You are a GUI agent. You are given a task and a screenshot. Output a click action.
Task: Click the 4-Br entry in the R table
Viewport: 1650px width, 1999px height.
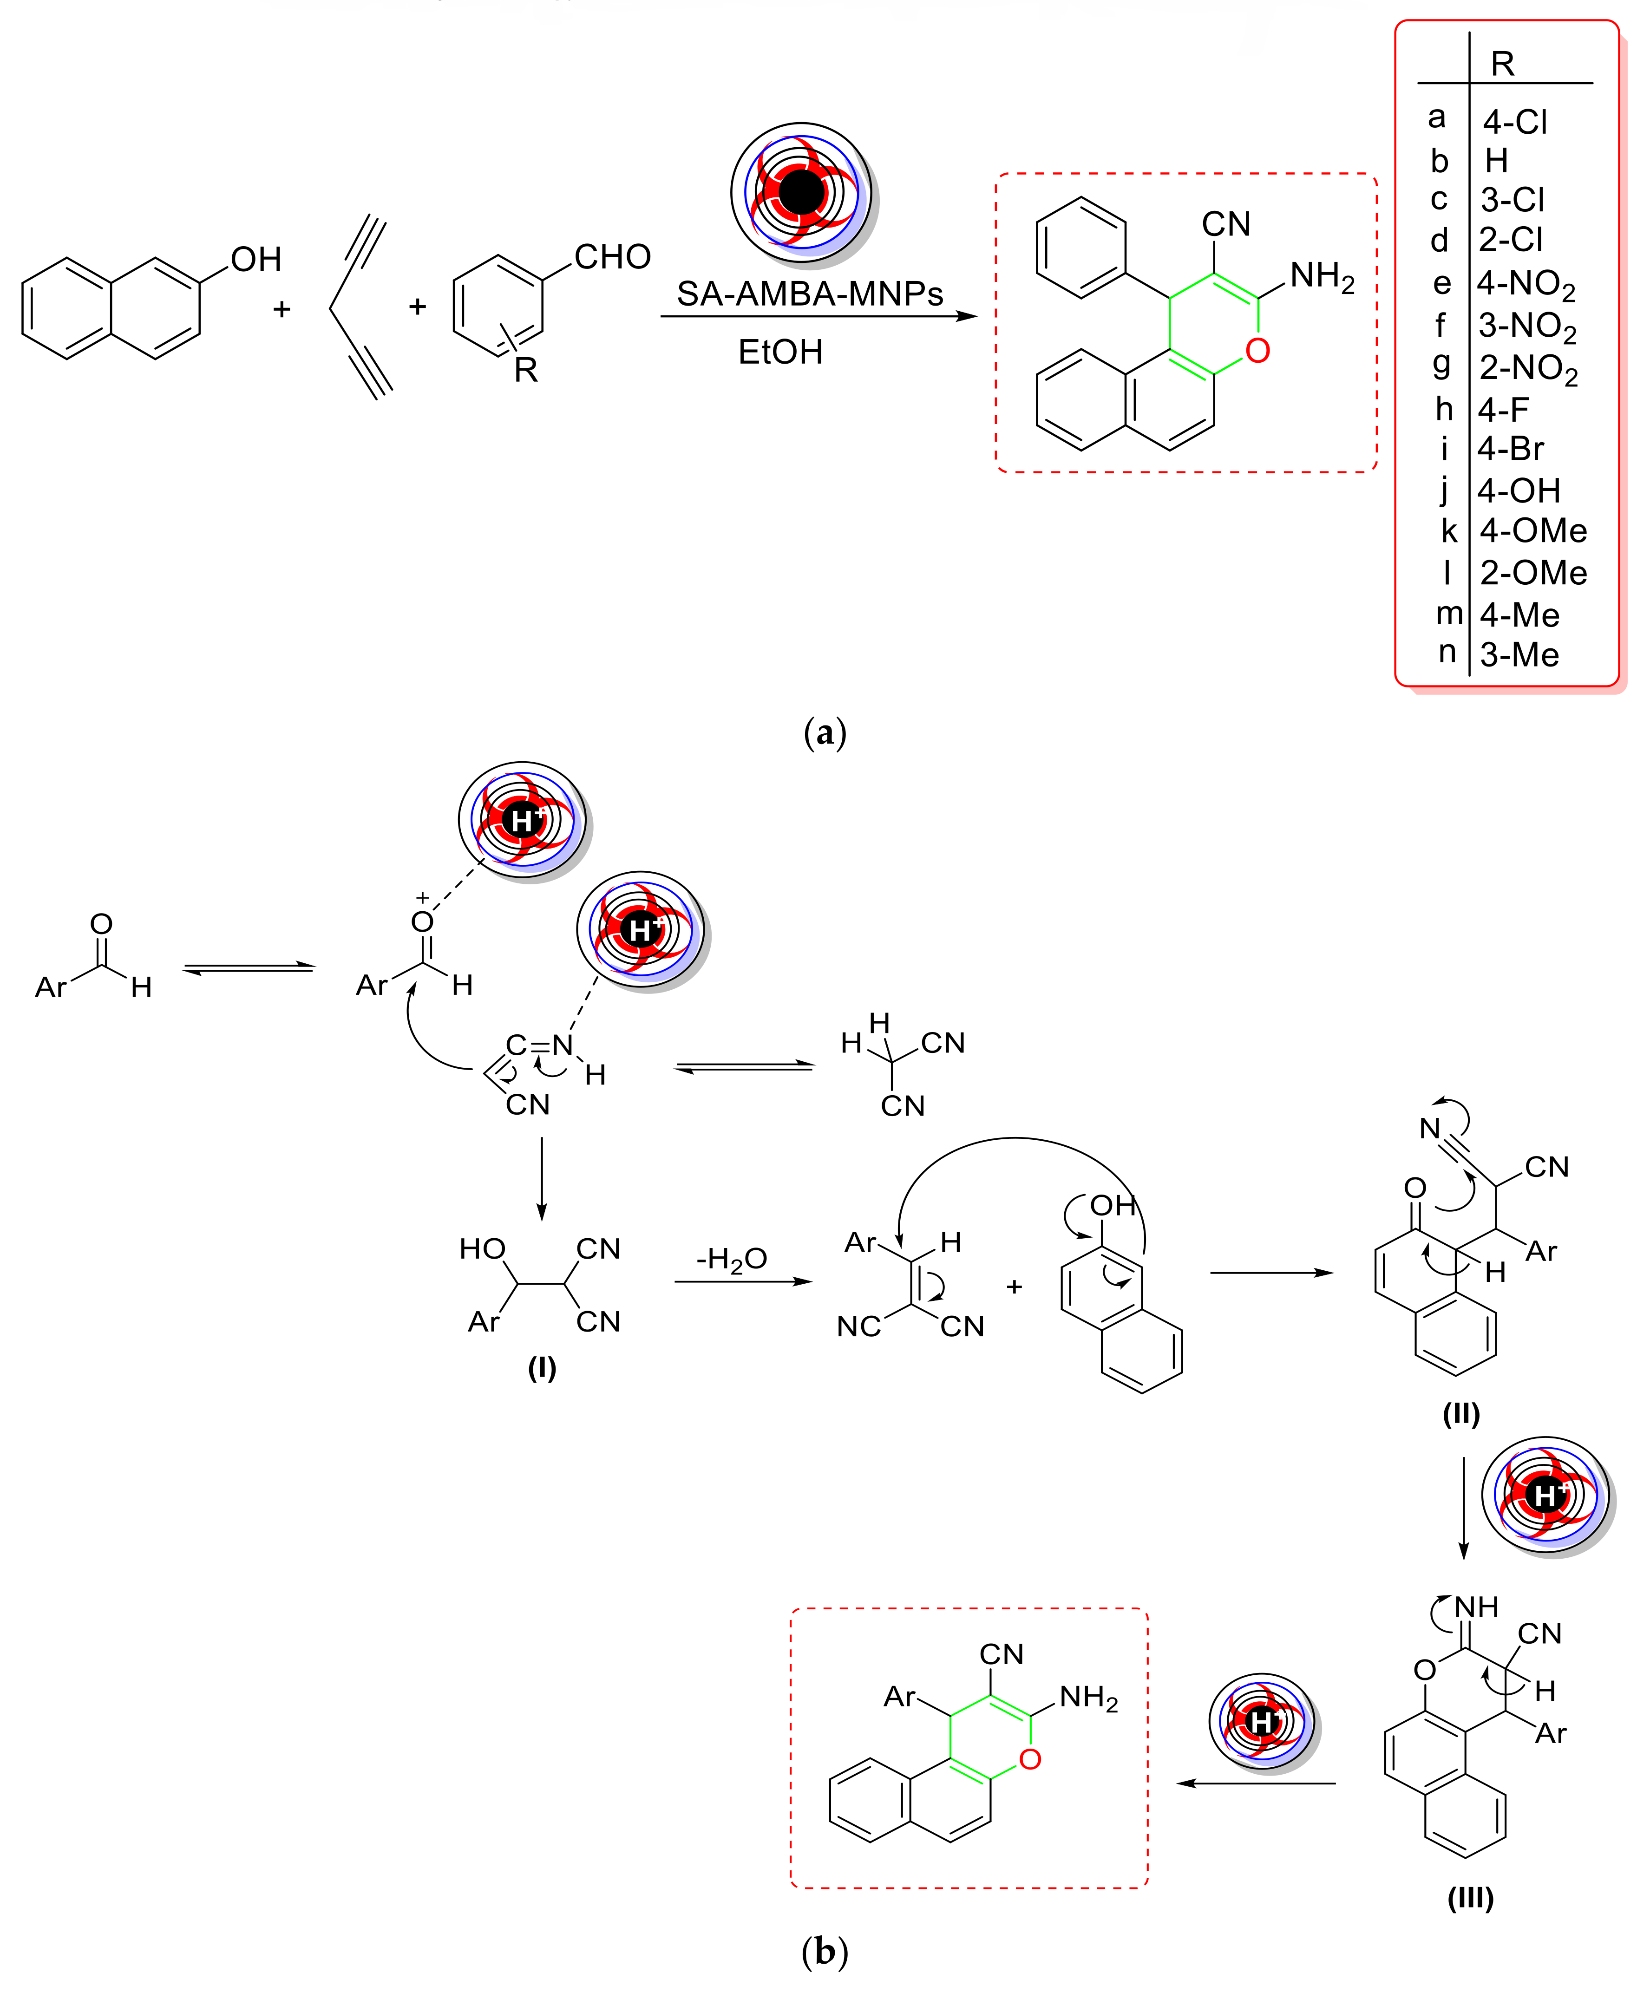coord(1510,450)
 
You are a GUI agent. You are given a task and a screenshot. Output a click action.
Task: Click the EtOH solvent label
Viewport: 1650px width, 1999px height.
coord(780,353)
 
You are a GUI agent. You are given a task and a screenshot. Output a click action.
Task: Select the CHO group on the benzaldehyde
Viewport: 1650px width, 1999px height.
coord(612,256)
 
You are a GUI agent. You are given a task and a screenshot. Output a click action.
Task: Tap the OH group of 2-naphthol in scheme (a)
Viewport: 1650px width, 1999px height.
coord(255,259)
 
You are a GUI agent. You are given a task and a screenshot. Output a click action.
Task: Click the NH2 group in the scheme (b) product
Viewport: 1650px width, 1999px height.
coord(1088,1697)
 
